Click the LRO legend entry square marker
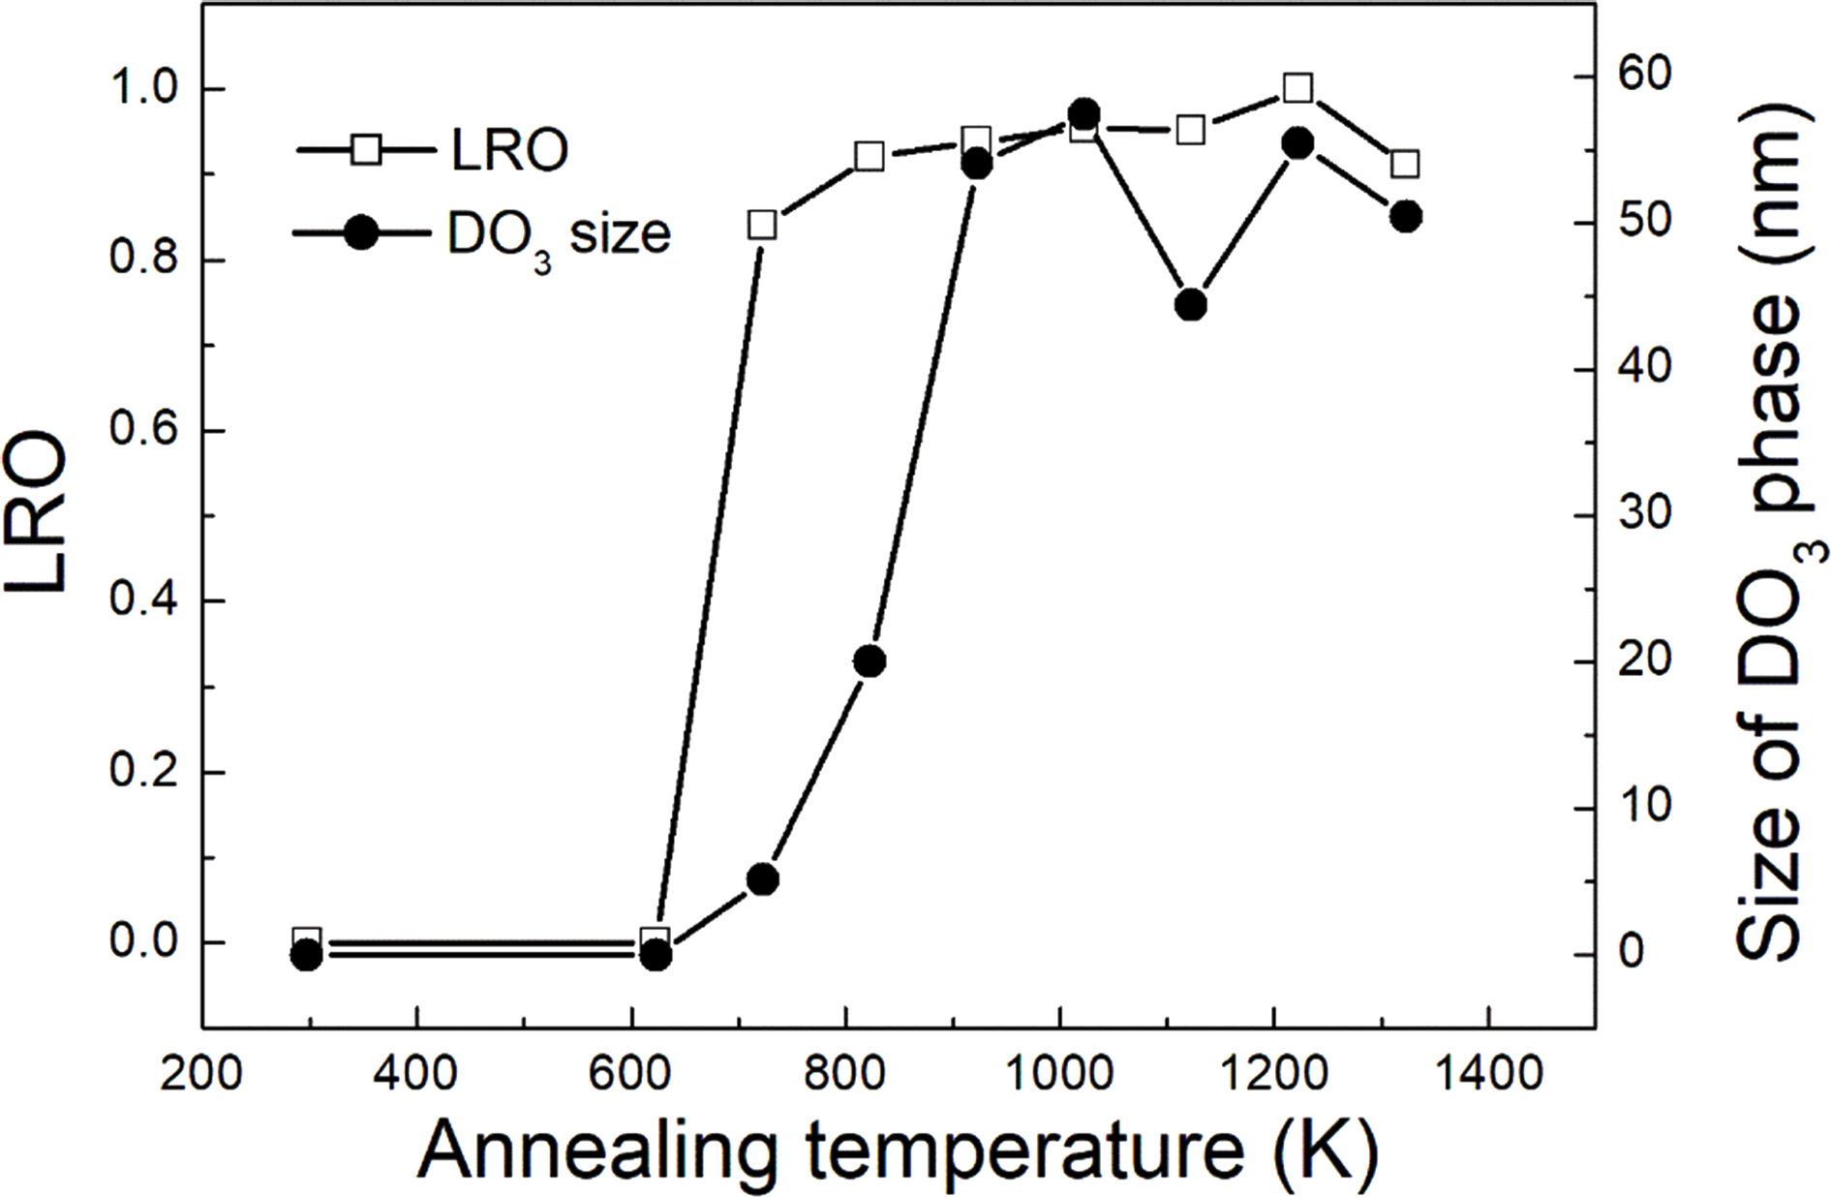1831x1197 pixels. tap(366, 150)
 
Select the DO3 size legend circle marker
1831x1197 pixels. tap(361, 233)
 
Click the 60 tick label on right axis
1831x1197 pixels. tap(1645, 77)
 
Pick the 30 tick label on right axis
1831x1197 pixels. tap(1645, 515)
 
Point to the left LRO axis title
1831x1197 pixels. tap(41, 513)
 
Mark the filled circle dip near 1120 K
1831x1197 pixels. tap(1191, 305)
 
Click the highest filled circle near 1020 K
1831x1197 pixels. tap(1084, 113)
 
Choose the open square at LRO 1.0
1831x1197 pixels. tap(1298, 88)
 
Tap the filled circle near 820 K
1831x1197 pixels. tap(870, 661)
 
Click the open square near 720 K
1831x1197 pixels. tap(762, 226)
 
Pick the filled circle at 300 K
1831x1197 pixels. tap(306, 956)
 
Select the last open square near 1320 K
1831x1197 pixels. tap(1406, 164)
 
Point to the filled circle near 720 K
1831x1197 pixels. tap(763, 879)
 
